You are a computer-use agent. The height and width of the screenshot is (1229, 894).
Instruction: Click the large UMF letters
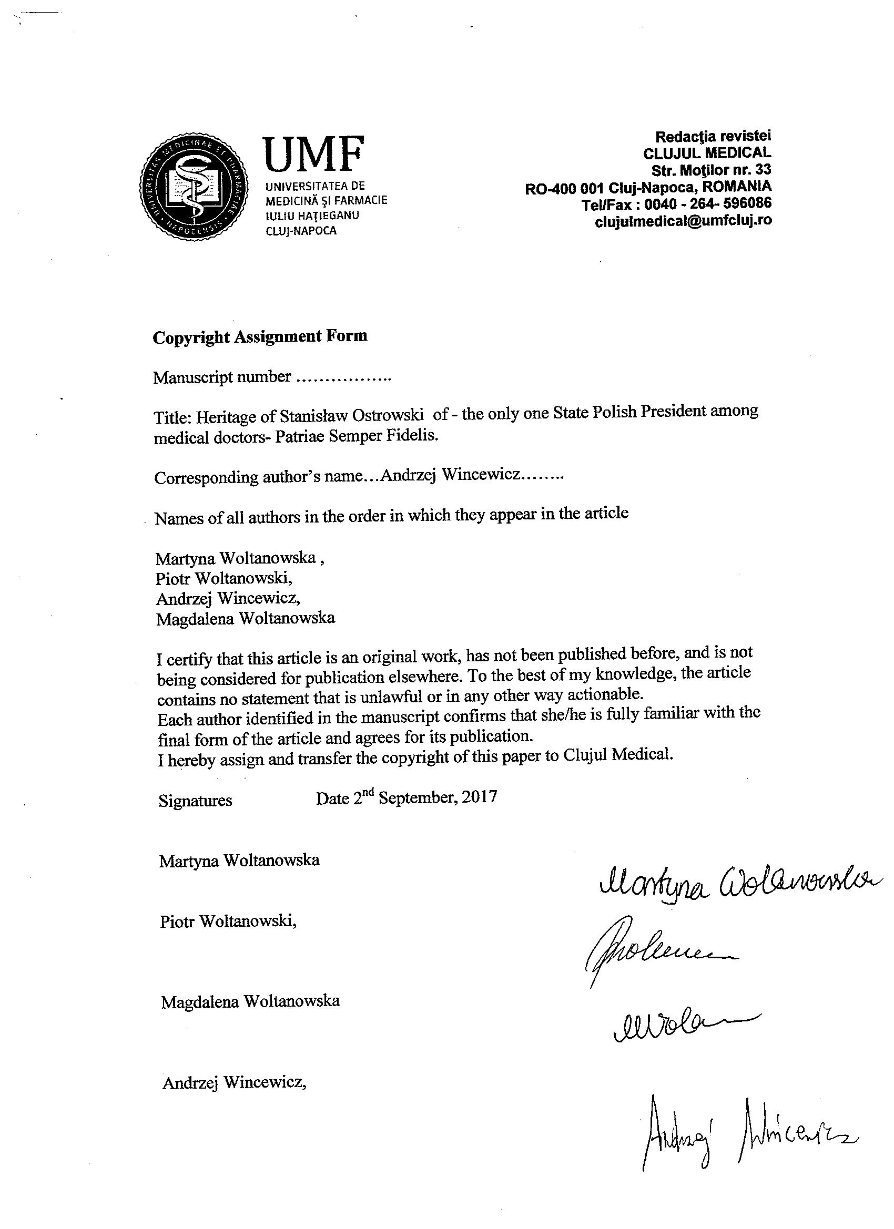tap(313, 153)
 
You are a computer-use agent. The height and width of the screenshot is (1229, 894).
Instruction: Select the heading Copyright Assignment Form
tap(260, 337)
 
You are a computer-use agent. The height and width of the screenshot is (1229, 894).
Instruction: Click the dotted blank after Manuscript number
tap(344, 378)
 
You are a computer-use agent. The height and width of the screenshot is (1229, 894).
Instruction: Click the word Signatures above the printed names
tap(195, 801)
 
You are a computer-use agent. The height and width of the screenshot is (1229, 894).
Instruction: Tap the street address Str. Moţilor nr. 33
tap(711, 170)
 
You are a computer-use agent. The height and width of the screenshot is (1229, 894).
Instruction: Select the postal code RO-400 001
tap(564, 189)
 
